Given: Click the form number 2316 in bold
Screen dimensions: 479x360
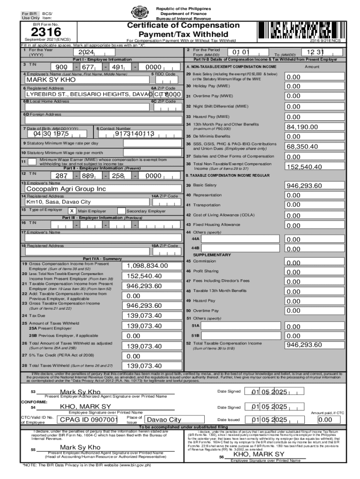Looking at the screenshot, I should (46, 32).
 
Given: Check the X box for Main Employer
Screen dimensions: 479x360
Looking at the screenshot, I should (72, 211).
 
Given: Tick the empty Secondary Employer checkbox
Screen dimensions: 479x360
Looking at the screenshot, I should (121, 211).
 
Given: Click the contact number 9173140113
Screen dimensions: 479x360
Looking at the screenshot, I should (134, 134).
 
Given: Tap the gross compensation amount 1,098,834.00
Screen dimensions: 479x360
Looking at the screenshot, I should (147, 266).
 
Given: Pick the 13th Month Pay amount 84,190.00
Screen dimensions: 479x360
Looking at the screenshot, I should (302, 127).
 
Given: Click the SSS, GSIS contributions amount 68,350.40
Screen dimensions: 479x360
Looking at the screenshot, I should (302, 146).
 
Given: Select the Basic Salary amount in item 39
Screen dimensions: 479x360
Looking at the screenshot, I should (304, 186).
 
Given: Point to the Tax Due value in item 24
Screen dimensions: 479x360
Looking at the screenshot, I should (144, 316).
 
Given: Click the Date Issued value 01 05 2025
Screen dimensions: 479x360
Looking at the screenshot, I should (270, 420).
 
